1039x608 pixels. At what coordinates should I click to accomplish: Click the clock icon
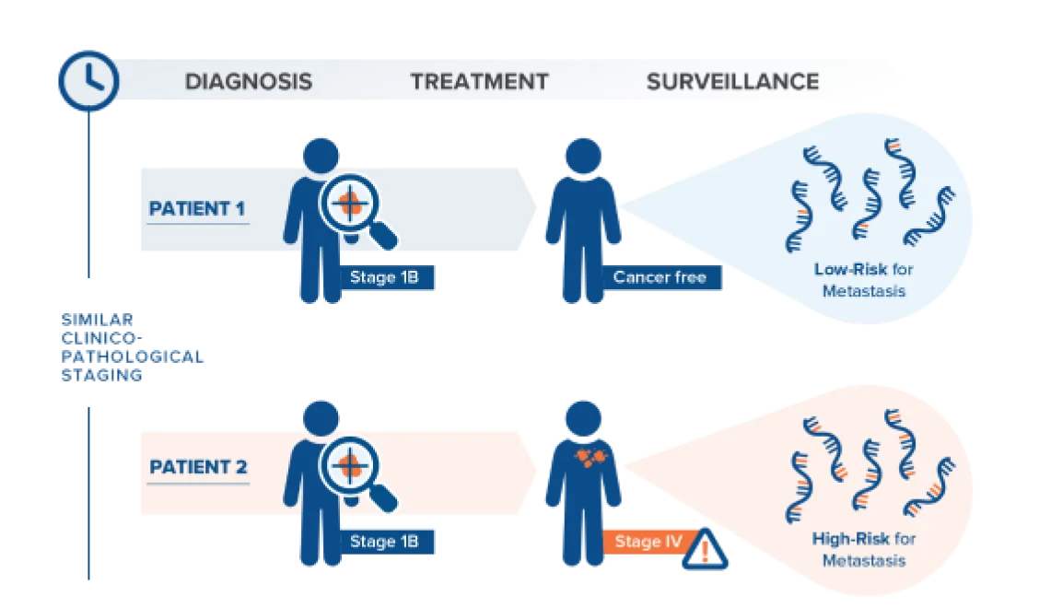(88, 80)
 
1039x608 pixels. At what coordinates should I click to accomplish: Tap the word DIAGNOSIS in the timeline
(248, 81)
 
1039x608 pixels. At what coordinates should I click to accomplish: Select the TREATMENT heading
(479, 81)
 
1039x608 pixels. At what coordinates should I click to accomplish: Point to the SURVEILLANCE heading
(732, 81)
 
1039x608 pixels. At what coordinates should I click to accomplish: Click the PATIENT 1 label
(197, 209)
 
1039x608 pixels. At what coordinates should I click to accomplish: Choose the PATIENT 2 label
(198, 467)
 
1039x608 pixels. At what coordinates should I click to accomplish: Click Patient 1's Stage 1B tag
(384, 276)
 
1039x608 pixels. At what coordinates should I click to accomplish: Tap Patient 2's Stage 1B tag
(384, 542)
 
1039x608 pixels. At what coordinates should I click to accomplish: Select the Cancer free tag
(660, 276)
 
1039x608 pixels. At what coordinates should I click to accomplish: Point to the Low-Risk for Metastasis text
(862, 280)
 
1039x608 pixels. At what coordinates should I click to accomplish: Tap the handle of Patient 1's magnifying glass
(384, 236)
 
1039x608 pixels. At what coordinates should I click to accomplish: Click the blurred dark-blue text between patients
(129, 346)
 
